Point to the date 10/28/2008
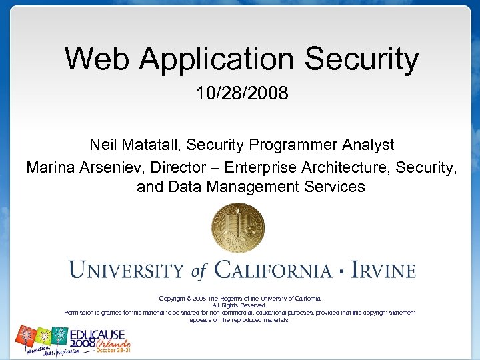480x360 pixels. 242,93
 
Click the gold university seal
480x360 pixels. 238,228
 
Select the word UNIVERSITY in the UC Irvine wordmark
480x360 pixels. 126,271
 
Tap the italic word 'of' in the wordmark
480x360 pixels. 199,271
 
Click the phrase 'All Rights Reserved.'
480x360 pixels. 239,305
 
